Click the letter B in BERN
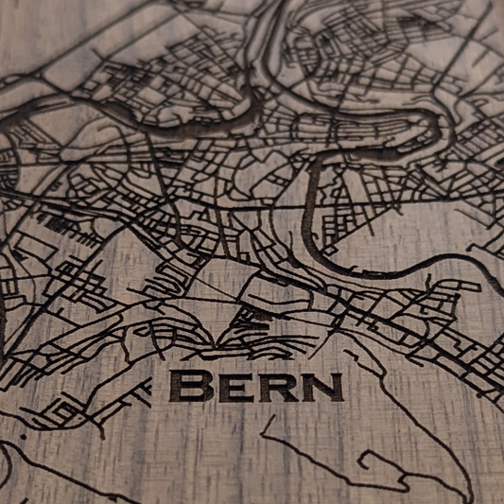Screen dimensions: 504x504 click(x=188, y=386)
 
